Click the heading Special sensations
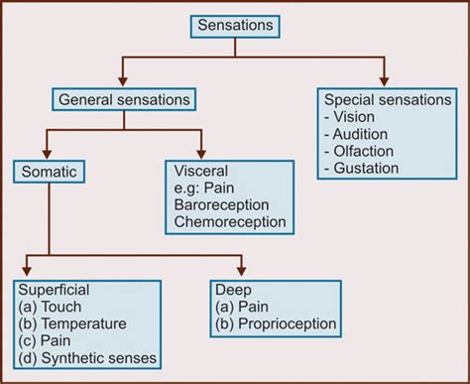point(387,99)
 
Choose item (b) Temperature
point(71,323)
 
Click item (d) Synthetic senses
point(87,357)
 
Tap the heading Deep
point(231,290)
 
